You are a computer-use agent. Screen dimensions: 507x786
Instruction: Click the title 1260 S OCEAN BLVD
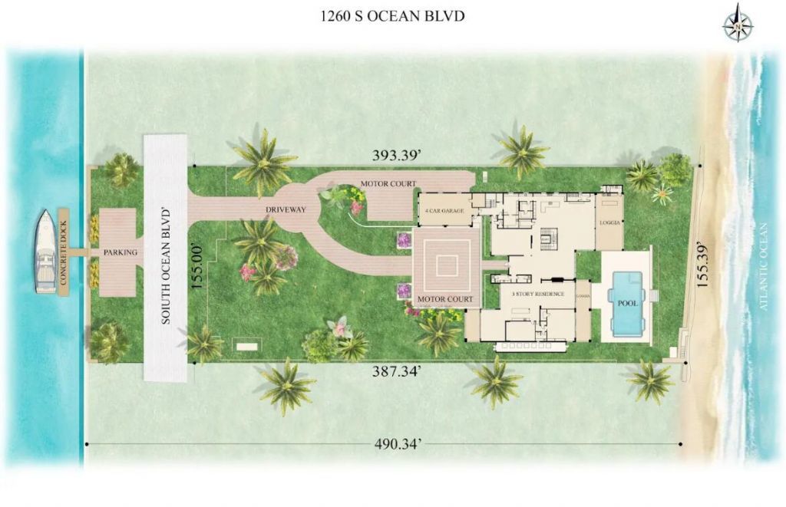point(392,16)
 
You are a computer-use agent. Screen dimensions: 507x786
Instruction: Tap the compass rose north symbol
point(737,23)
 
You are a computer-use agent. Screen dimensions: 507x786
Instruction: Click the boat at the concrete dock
point(45,252)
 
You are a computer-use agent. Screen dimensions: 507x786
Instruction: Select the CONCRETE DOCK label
point(64,252)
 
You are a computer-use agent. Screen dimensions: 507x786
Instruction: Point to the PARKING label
point(120,252)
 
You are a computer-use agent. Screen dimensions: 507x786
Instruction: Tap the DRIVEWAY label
point(286,209)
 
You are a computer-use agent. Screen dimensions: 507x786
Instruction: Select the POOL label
point(628,302)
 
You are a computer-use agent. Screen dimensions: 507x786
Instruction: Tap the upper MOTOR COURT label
point(388,184)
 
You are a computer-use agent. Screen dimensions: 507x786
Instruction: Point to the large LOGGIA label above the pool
point(610,223)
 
